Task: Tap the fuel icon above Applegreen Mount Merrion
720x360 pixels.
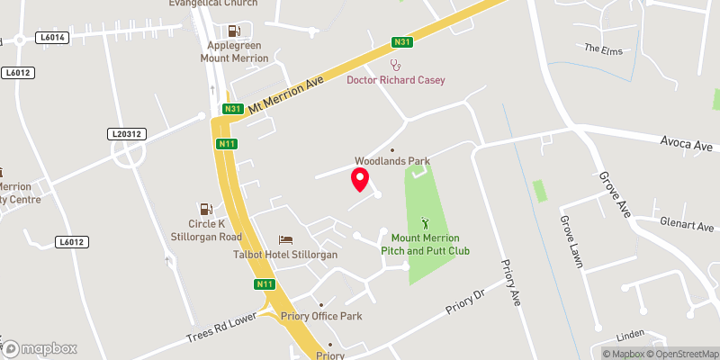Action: coord(234,31)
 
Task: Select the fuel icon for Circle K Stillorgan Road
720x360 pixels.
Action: coord(206,209)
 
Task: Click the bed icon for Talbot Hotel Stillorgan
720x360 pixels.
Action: coord(286,239)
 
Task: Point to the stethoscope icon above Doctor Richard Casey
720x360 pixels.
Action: coord(395,65)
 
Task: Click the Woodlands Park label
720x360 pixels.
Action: coord(391,161)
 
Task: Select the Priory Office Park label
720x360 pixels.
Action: coord(320,316)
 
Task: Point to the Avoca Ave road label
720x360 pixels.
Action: coord(686,145)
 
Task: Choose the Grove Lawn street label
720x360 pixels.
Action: coord(571,241)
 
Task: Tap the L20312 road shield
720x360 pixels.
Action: coord(127,134)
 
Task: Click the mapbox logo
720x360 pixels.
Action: coord(40,348)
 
